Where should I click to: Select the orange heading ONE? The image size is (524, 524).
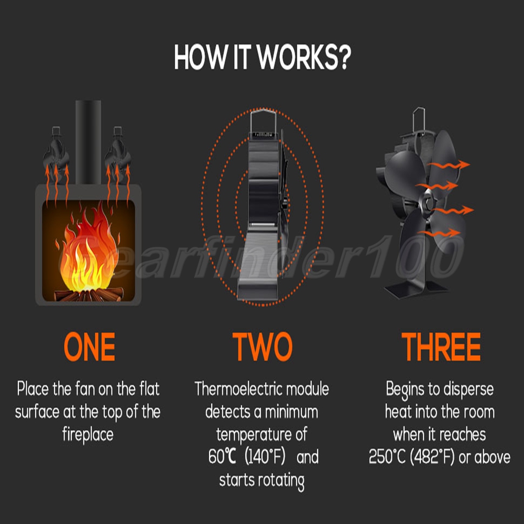coord(89,347)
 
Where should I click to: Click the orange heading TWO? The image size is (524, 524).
coord(263,347)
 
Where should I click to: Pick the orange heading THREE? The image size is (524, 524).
coord(441,347)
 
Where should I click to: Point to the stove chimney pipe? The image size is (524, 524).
coord(88,142)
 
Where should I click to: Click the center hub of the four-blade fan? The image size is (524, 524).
coord(428,202)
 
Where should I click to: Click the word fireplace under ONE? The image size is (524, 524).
coord(88,435)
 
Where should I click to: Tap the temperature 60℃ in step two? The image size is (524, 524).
coord(222,456)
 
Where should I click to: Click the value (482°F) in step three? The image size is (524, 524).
coord(432,457)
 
